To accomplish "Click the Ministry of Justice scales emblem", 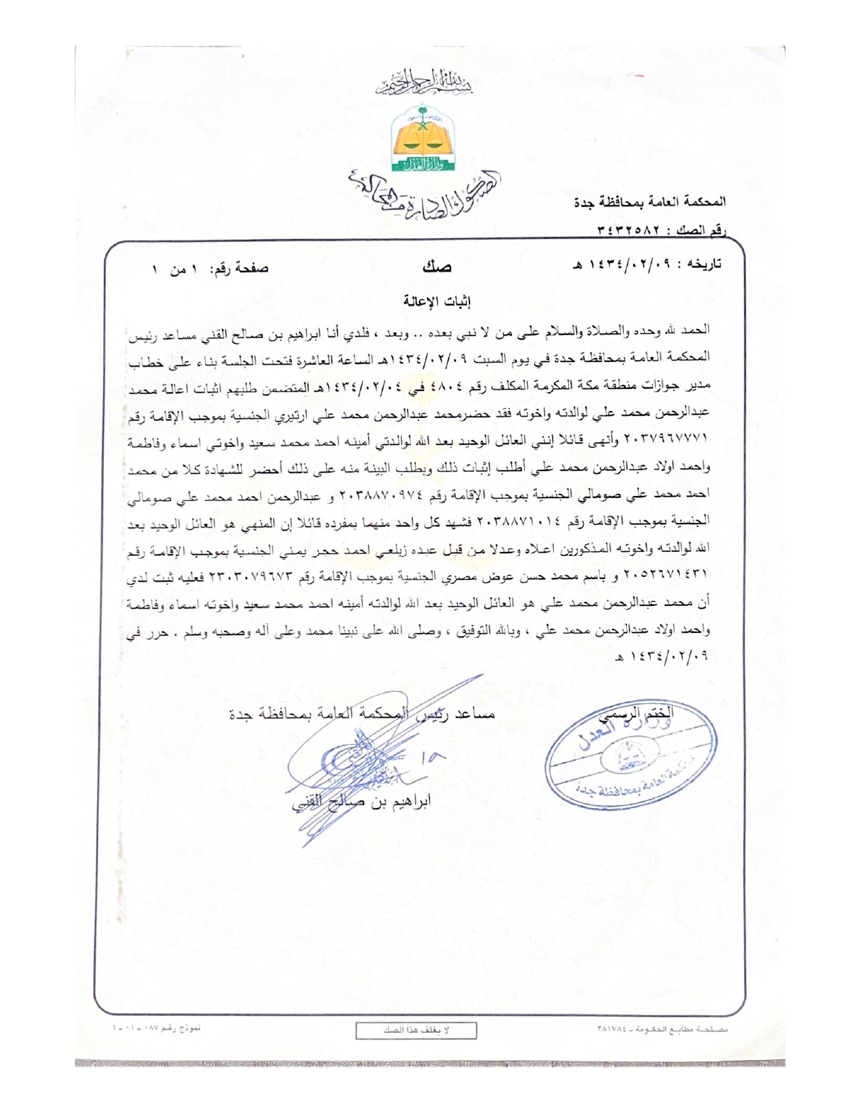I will pos(424,138).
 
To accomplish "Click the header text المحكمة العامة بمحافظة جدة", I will pos(650,202).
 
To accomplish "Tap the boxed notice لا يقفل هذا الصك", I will pos(416,1030).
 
